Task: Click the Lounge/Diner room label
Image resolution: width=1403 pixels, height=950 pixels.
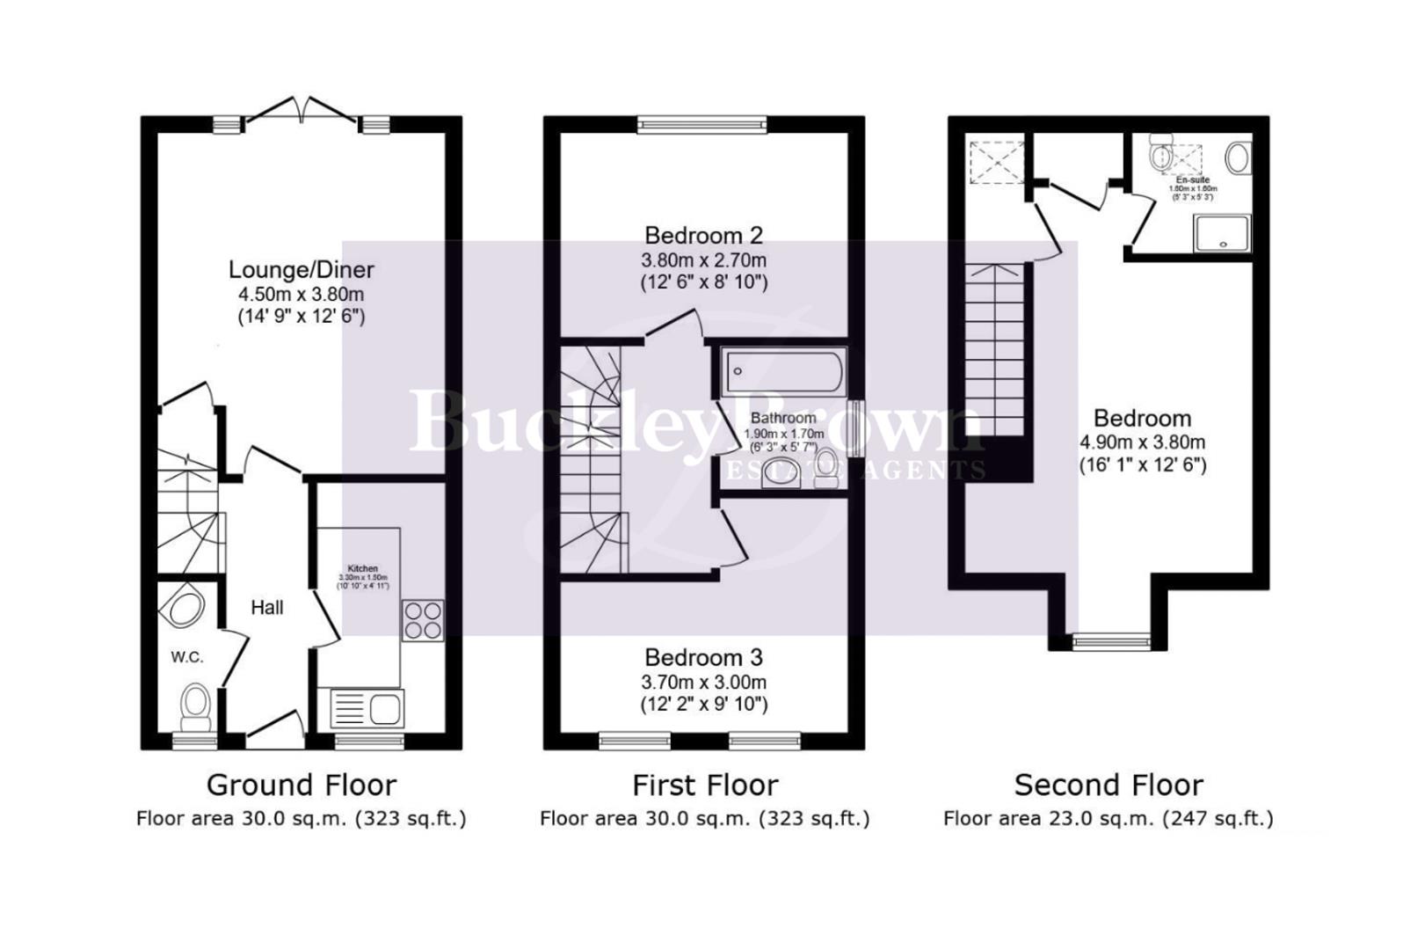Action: tap(302, 270)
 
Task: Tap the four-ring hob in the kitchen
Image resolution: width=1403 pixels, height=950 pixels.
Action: tap(422, 619)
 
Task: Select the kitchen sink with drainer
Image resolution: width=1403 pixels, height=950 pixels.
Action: tap(367, 707)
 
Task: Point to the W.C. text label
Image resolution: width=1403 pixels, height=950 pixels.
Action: tap(187, 657)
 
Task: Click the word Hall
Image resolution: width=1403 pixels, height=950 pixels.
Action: tap(267, 608)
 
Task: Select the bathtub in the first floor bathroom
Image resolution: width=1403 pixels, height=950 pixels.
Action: tap(783, 370)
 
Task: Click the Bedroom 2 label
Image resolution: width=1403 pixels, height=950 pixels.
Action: tap(703, 236)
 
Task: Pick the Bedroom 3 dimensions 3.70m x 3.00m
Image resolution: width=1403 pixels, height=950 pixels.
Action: tap(703, 682)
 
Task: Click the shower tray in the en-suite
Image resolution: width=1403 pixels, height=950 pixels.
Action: tap(1222, 233)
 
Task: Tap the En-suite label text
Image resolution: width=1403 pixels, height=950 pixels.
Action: tap(1192, 180)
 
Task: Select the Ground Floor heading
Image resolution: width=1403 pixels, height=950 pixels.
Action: tap(302, 785)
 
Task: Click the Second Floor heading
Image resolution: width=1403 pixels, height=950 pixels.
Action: tap(1109, 785)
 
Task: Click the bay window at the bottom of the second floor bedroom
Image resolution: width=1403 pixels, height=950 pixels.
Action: tap(1112, 641)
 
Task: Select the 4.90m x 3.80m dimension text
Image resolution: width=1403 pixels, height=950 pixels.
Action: tap(1142, 442)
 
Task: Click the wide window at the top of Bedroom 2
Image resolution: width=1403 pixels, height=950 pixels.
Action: tap(702, 125)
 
